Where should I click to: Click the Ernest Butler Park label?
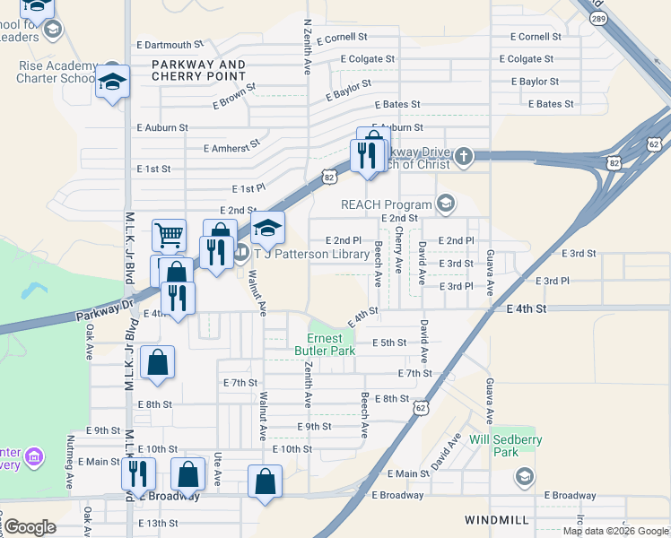(318, 344)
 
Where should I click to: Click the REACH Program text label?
(386, 204)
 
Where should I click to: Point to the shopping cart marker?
(169, 235)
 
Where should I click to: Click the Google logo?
(30, 527)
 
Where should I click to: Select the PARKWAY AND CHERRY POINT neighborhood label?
(198, 71)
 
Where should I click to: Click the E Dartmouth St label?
(170, 45)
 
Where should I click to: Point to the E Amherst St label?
(231, 143)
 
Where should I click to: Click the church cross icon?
(463, 158)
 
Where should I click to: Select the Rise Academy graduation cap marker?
(113, 82)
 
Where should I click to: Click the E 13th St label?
(158, 523)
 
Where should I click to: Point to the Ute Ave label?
(217, 469)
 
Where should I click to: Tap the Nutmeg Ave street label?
(72, 464)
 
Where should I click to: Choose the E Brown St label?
(234, 97)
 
